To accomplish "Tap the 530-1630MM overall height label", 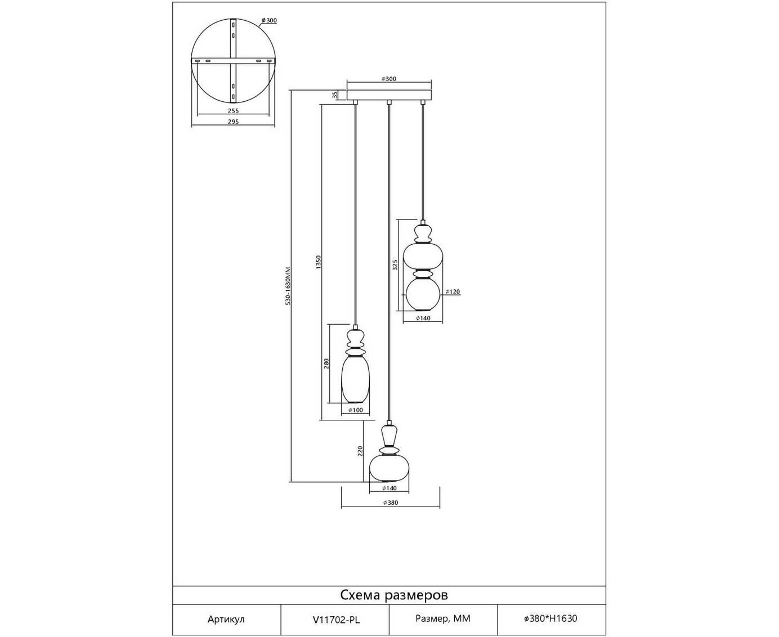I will coord(287,286).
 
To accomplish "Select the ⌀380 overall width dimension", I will coord(391,503).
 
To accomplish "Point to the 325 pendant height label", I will coord(395,265).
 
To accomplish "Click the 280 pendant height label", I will coord(326,364).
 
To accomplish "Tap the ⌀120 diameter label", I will coord(453,291).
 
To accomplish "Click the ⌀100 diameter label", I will coord(355,410).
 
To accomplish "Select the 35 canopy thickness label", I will coord(335,95).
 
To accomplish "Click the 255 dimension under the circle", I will coord(234,111).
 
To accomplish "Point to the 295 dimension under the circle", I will coord(234,122).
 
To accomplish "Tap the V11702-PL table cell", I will coord(335,619).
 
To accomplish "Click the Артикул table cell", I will coord(226,619).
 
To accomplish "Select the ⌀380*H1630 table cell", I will coord(550,619).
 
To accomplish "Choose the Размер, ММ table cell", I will coord(443,619).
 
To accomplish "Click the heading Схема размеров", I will coord(394,595).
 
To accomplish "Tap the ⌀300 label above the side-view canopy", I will coord(389,79).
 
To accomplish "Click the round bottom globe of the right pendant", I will coord(422,295).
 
